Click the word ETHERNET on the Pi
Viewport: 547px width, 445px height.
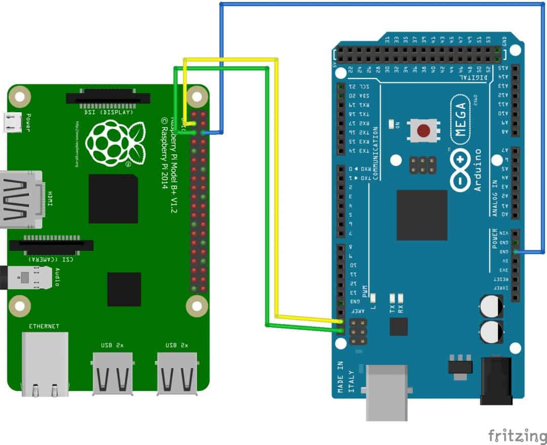coord(44,326)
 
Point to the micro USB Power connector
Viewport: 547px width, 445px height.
coord(13,122)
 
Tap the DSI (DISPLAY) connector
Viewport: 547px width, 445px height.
coord(108,97)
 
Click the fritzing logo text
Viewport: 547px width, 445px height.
coord(517,435)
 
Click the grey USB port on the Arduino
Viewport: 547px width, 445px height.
coord(386,392)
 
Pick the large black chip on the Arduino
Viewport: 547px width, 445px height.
coord(422,215)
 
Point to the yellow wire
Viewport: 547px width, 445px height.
coord(277,202)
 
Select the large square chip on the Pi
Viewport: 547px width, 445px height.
coord(113,199)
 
